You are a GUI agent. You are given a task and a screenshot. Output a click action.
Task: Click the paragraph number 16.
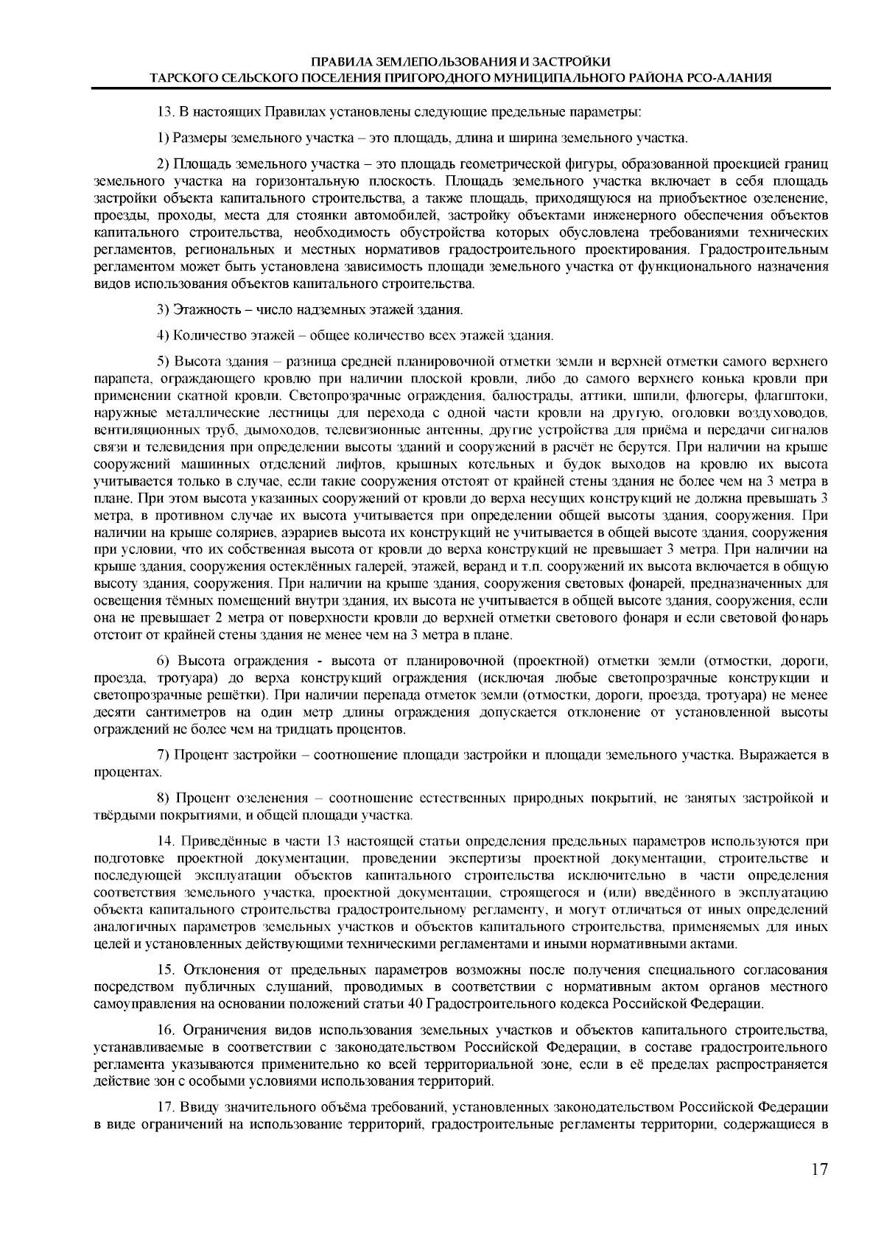click(166, 1029)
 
